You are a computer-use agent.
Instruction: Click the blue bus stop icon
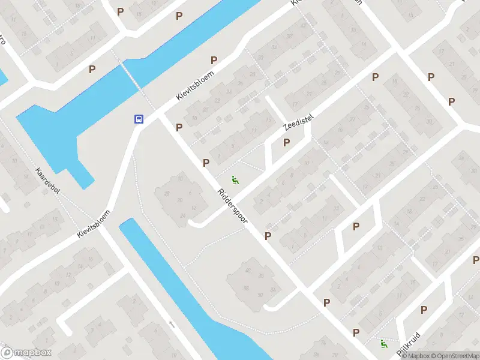tap(139, 119)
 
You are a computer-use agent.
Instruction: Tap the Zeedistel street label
tap(298, 122)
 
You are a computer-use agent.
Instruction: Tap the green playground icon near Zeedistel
tap(235, 179)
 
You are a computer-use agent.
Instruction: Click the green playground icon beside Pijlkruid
tap(383, 343)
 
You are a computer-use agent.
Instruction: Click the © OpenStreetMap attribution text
tap(455, 356)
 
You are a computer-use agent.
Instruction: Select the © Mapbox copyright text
tap(416, 356)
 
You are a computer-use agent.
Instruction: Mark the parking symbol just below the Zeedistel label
tap(286, 143)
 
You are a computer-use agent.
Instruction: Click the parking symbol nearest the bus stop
tap(179, 127)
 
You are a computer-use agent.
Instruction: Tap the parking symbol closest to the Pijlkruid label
tap(424, 310)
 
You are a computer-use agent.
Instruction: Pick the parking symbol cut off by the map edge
tap(476, 260)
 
